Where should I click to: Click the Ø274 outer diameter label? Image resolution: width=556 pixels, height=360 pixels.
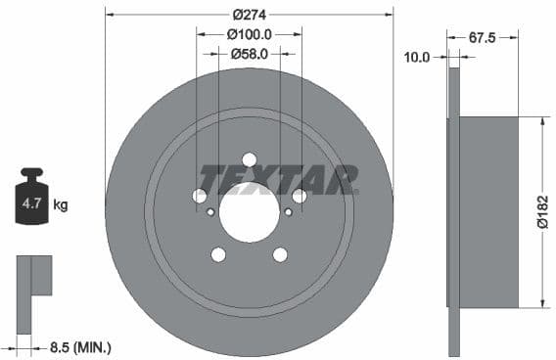(249, 15)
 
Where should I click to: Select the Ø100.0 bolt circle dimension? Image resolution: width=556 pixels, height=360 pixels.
(249, 34)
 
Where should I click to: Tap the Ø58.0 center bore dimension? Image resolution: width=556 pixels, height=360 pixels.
(249, 53)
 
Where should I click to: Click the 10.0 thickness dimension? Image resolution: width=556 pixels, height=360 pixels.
(417, 58)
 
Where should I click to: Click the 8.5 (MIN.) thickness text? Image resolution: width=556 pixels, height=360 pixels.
(80, 346)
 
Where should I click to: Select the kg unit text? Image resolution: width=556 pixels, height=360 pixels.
(61, 205)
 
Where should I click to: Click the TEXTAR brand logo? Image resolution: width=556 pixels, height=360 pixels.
(279, 180)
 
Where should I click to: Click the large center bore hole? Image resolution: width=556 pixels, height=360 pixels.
(249, 212)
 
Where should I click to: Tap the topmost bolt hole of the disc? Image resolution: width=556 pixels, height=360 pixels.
(249, 159)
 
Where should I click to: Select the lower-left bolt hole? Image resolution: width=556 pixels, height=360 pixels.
(218, 254)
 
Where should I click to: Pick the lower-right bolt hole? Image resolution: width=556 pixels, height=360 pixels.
(280, 254)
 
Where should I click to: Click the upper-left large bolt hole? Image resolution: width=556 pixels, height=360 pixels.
(200, 196)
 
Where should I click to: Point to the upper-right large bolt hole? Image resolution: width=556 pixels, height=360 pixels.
(299, 196)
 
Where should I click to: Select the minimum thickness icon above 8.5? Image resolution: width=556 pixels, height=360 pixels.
(34, 276)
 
